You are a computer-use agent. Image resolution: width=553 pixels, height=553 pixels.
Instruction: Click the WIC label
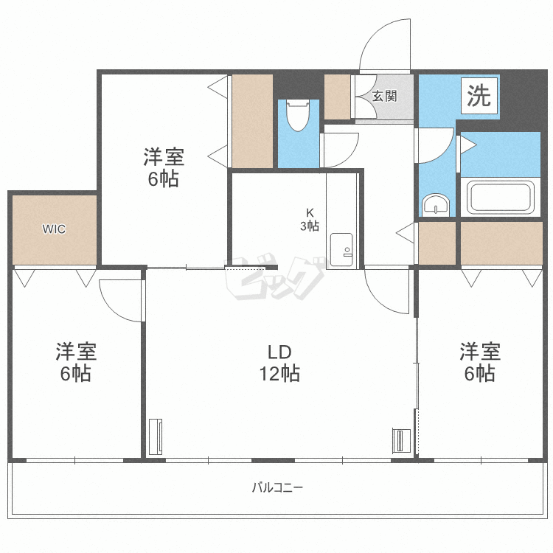click(53, 229)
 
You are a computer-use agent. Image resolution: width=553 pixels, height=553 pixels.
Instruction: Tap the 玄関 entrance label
click(384, 96)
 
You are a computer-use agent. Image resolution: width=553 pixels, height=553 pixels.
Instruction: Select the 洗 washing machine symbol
click(479, 96)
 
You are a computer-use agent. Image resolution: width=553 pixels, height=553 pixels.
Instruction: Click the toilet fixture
click(298, 114)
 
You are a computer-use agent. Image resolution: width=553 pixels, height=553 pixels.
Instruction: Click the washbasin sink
click(436, 204)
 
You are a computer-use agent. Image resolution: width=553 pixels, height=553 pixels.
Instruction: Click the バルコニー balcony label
click(277, 487)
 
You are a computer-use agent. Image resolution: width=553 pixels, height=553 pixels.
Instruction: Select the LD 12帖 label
click(280, 362)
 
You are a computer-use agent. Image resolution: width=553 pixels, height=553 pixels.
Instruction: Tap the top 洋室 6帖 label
click(163, 167)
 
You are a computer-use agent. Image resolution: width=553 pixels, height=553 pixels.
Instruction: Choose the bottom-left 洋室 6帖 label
click(75, 362)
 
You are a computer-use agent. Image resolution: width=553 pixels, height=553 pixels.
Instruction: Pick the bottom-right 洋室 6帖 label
click(480, 362)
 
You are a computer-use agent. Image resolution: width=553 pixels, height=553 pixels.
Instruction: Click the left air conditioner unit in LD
click(155, 437)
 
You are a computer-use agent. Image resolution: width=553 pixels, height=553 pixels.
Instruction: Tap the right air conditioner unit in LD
click(399, 441)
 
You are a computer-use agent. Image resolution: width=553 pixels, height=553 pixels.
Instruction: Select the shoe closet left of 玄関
click(338, 97)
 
